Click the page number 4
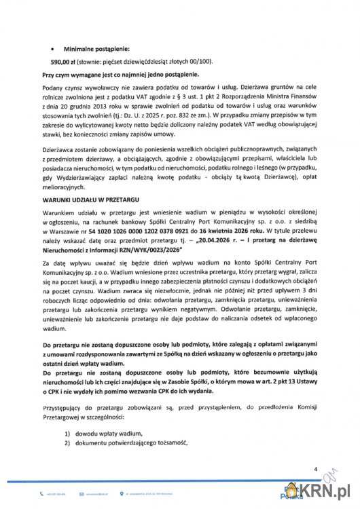coord(315,468)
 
